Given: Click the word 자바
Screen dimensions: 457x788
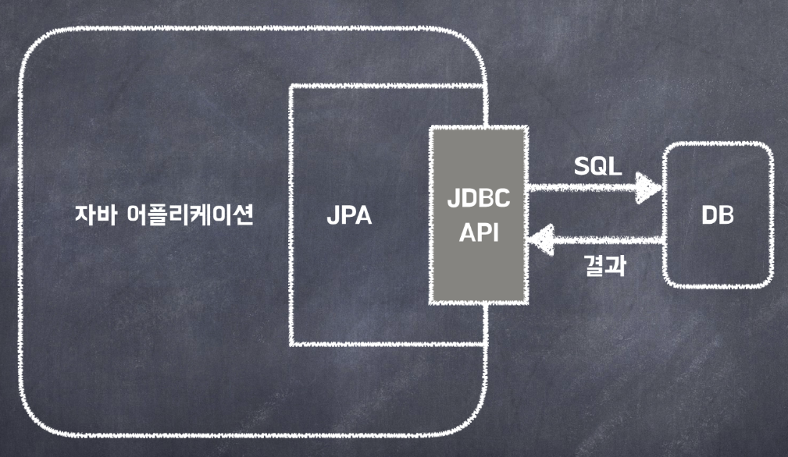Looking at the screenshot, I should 93,216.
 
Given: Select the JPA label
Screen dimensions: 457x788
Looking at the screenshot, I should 348,216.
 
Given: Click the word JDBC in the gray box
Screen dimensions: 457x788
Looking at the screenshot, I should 478,200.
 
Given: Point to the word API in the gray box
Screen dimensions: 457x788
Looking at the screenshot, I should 478,232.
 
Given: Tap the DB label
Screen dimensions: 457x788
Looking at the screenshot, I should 718,216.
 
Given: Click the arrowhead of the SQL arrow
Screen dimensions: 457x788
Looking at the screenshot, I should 650,187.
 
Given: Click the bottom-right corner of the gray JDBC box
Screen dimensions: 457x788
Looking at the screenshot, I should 526,303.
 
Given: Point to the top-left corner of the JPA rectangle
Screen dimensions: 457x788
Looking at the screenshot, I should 291,87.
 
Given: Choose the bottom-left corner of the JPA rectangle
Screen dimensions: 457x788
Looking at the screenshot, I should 291,343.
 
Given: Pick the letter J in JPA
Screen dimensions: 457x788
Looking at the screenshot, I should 332,216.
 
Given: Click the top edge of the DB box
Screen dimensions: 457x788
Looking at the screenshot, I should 718,146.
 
